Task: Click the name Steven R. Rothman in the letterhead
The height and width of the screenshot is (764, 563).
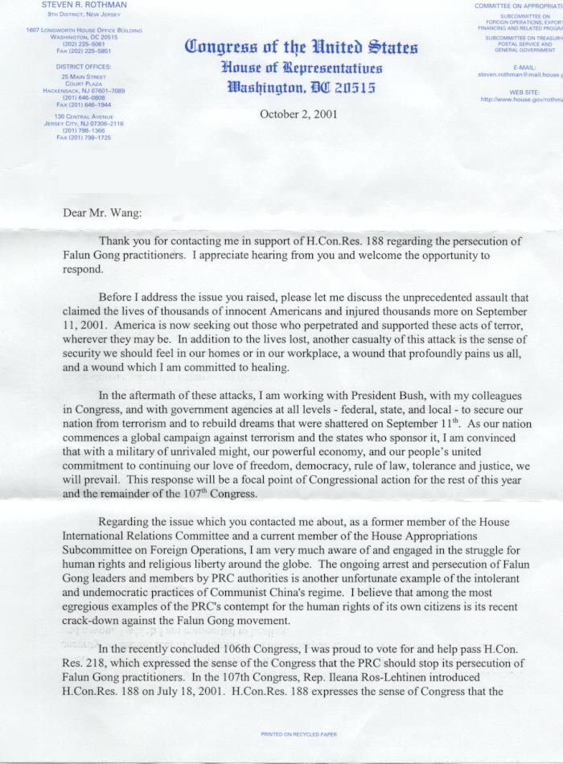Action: point(84,6)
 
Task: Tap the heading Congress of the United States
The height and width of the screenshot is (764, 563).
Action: point(302,47)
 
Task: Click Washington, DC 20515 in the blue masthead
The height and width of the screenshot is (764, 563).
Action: point(302,87)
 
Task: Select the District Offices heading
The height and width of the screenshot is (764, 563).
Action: point(84,66)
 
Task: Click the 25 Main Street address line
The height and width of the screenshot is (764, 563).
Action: point(84,76)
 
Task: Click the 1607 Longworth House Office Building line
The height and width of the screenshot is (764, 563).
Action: point(84,31)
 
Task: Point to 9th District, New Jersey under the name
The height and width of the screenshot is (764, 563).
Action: point(84,14)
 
